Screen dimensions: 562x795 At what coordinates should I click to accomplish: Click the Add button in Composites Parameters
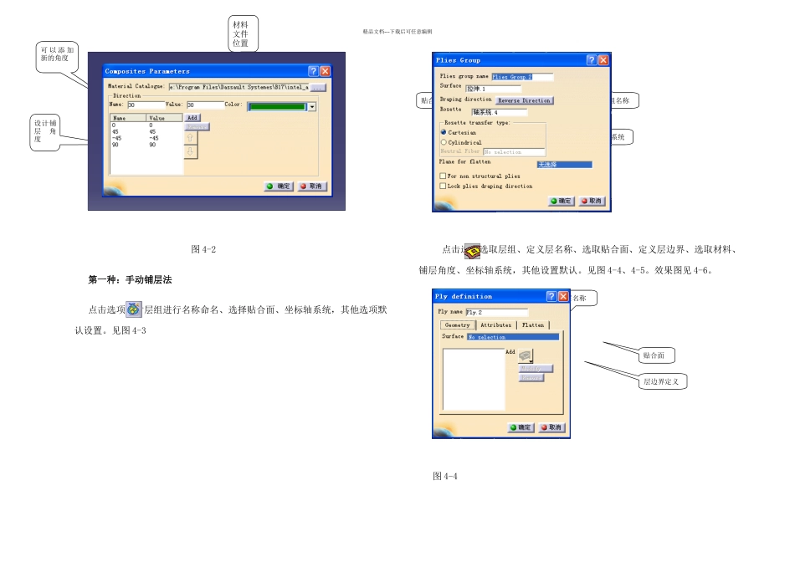(192, 118)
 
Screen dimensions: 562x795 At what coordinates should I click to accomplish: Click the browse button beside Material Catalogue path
(318, 86)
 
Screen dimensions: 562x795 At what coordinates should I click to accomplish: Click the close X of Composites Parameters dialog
(325, 72)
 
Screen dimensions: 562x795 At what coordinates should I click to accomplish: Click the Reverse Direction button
(525, 100)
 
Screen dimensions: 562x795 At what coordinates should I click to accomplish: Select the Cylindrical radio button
(444, 142)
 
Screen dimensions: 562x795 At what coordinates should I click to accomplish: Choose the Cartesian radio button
(444, 132)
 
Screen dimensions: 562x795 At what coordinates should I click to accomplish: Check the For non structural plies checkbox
(443, 176)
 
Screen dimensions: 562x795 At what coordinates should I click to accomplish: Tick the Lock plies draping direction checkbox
(443, 186)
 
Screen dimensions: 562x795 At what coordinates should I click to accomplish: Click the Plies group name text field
(522, 77)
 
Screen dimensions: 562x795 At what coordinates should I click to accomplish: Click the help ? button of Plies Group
(591, 60)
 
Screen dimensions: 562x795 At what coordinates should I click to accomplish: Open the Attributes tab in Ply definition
(495, 324)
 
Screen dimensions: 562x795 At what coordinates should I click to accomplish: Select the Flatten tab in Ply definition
(533, 324)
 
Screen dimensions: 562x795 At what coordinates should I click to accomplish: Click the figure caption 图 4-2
(204, 249)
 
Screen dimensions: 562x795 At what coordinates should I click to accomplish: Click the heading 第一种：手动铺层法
(130, 278)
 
